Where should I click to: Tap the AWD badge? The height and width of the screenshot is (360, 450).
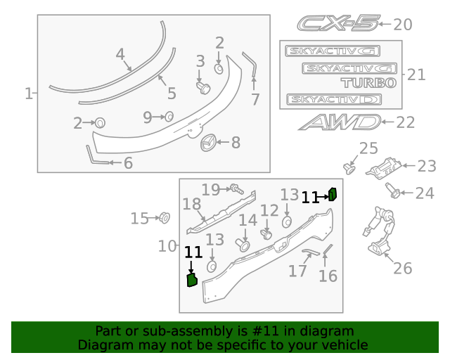pos(338,122)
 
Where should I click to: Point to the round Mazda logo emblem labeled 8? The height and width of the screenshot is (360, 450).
pos(208,143)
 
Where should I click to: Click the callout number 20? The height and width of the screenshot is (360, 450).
pos(402,25)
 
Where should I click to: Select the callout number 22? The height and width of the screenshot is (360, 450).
pos(406,122)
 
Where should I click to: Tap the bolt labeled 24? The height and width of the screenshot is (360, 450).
pos(394,190)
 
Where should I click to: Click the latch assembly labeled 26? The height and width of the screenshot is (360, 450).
pos(380,236)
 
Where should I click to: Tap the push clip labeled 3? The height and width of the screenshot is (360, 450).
pos(203,86)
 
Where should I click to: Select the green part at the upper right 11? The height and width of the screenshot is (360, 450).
pos(334,195)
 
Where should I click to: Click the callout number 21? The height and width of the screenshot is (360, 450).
pos(416,75)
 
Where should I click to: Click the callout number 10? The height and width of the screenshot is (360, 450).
pos(167,246)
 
